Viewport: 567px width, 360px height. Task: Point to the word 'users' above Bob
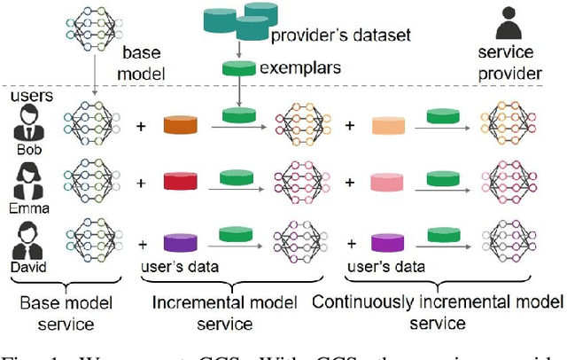pos(28,94)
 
